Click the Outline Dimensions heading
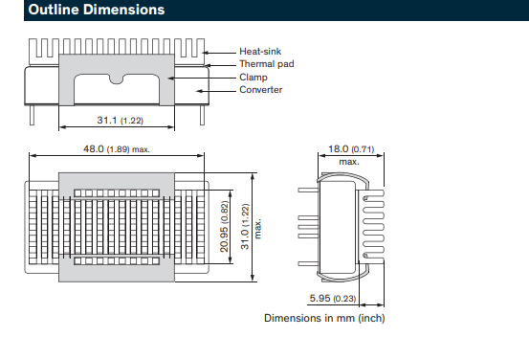coord(83,11)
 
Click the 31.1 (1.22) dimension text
coord(120,121)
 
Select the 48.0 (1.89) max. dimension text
coord(117,149)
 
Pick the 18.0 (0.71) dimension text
coord(351,150)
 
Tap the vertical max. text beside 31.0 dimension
coord(257,228)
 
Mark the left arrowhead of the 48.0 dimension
coord(30,155)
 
